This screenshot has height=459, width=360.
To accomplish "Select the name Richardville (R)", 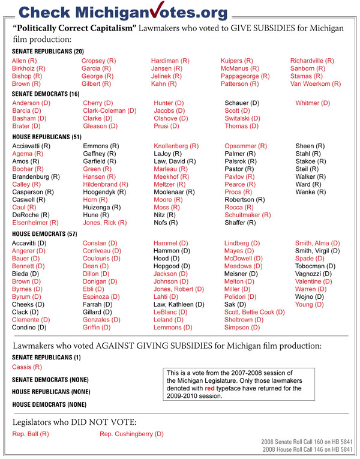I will point(315,61).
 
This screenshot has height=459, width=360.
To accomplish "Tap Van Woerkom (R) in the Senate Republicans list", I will point(315,84).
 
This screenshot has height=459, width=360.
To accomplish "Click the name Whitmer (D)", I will point(312,103).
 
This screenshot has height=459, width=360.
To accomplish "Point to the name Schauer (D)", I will point(242,103).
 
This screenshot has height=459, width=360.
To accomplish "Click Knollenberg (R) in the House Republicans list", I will point(176,146).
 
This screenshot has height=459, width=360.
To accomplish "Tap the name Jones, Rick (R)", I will point(104,223).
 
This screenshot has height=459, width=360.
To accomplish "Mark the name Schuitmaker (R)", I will point(247,215).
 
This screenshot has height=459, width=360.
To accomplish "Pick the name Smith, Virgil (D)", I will point(317,251).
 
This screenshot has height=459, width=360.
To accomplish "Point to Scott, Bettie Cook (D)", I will point(254,312).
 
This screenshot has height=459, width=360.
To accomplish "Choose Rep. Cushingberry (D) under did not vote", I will point(131,433).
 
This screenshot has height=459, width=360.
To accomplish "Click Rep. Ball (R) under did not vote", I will point(31,433).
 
